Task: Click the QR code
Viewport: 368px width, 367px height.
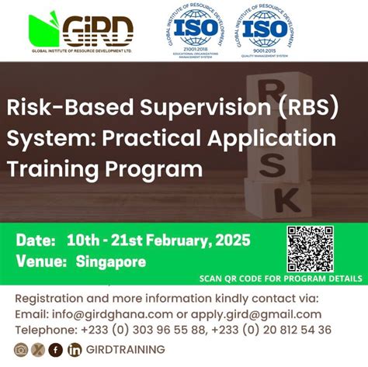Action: click(310, 248)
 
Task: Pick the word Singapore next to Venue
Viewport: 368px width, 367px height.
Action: click(111, 261)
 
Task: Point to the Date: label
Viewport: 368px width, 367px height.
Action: click(36, 239)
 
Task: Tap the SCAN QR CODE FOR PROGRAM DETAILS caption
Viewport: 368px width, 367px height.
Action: click(280, 279)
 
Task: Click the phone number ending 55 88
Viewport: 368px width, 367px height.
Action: click(156, 329)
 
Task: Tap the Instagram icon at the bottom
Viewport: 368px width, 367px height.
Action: click(21, 349)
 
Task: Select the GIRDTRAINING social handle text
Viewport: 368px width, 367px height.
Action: click(127, 349)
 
